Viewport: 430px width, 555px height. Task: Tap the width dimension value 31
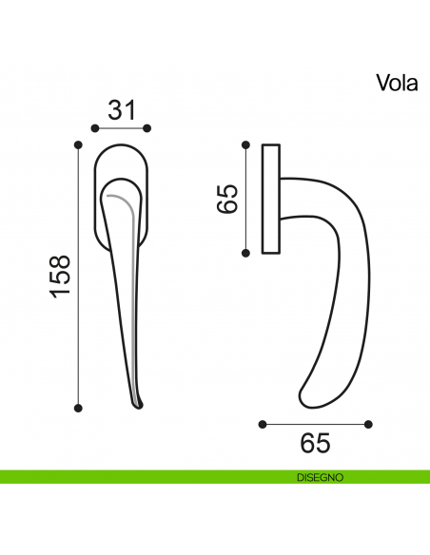coord(121,110)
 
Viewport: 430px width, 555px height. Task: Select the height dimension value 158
coord(60,277)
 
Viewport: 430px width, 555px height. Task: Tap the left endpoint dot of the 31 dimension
coord(93,127)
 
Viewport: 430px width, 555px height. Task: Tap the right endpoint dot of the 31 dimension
coord(148,127)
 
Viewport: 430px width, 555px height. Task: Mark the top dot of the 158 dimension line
coord(78,145)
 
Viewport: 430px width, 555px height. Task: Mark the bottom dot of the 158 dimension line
coord(78,409)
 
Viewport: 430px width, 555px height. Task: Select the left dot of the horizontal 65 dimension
coord(261,423)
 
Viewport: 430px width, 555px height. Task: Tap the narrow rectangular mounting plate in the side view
coord(270,199)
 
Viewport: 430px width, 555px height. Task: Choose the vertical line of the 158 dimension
coord(78,277)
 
